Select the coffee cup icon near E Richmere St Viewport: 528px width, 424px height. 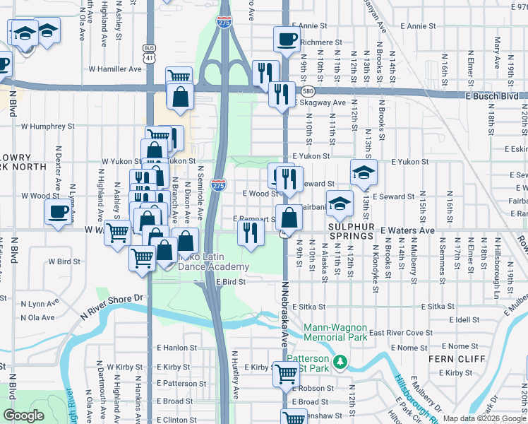pos(286,39)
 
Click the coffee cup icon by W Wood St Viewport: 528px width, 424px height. pos(58,211)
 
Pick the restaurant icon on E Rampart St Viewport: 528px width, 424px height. pos(250,231)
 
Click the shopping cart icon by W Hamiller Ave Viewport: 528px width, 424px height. pos(179,76)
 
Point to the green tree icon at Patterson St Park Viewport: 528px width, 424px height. pos(340,361)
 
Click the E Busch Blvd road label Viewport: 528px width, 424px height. pos(492,95)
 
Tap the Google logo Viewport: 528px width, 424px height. pos(23,416)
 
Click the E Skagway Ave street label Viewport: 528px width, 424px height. pos(318,102)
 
